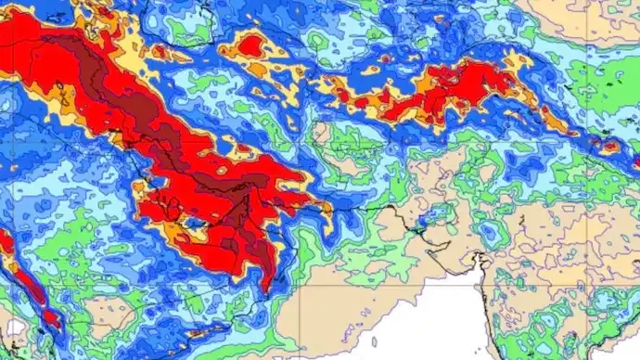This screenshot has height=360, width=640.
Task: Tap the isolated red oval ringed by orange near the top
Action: (x=253, y=44)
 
